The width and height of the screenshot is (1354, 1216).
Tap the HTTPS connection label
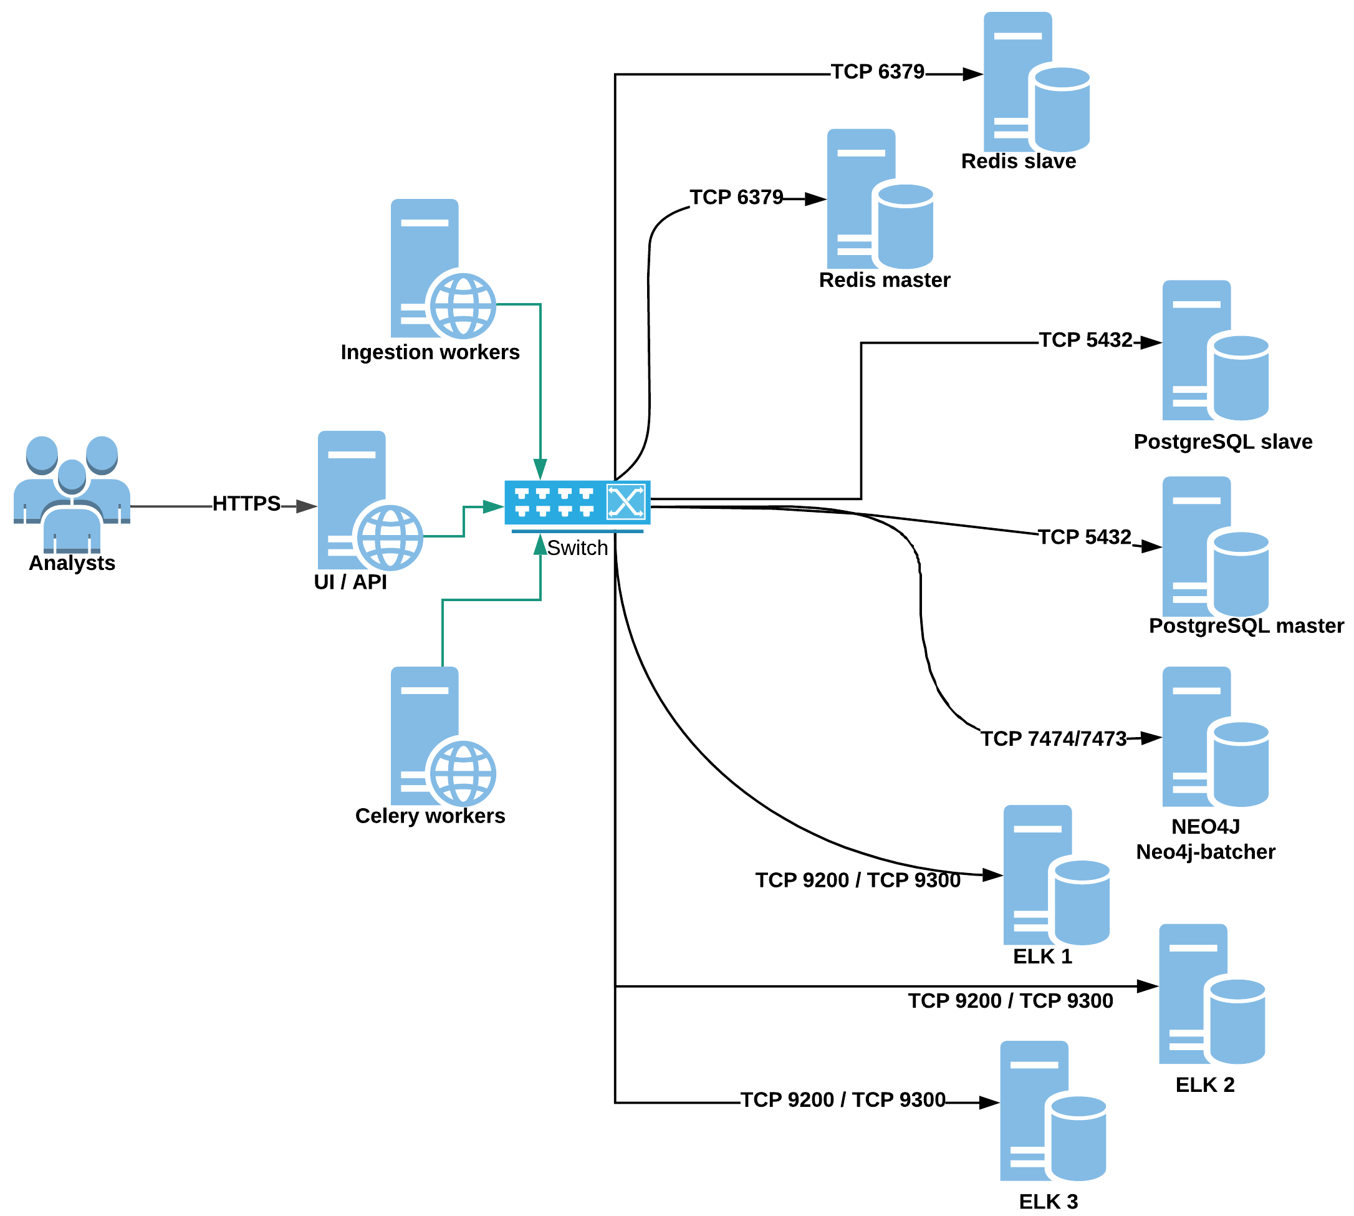click(246, 503)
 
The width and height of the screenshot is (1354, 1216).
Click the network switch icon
click(577, 503)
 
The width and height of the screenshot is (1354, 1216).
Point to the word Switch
click(577, 548)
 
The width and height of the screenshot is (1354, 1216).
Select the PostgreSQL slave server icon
click(1214, 350)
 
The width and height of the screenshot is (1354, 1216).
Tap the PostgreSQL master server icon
click(1214, 546)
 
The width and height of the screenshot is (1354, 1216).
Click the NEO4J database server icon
click(1214, 737)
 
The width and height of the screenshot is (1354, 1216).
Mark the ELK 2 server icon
click(1211, 994)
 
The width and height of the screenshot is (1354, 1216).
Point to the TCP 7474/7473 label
click(1053, 738)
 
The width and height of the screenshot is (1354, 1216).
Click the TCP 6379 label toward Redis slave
click(877, 72)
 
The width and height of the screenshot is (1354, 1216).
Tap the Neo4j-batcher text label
click(1205, 852)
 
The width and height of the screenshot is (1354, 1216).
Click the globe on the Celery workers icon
click(463, 774)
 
